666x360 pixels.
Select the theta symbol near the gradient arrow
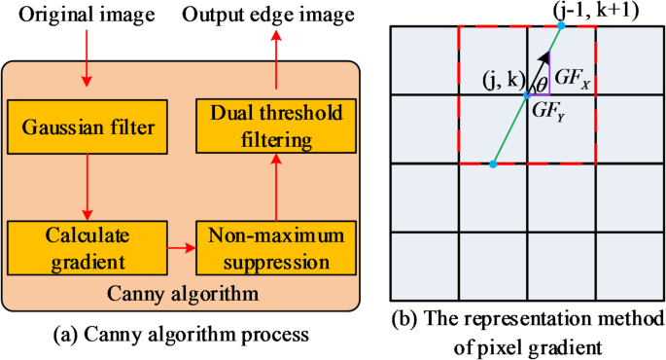[x=542, y=84]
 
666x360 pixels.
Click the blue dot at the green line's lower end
[x=493, y=164]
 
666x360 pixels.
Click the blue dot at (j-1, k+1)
[x=561, y=25]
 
